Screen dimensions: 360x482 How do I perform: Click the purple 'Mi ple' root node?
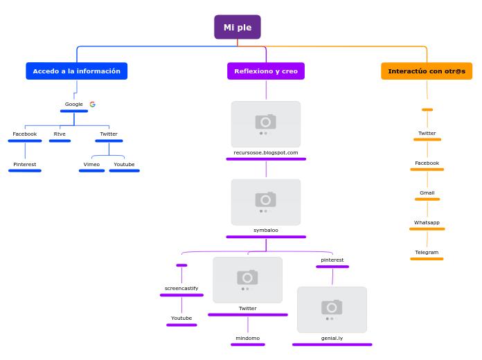pyautogui.click(x=238, y=28)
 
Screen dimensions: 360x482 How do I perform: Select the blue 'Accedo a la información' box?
pyautogui.click(x=77, y=71)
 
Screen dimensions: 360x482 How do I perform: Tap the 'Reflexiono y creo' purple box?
pyautogui.click(x=266, y=71)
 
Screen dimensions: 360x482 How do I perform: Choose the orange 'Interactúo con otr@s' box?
pyautogui.click(x=427, y=71)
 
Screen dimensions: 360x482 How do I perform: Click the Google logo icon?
pyautogui.click(x=93, y=105)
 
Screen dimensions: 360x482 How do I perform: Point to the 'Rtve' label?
pyautogui.click(x=60, y=134)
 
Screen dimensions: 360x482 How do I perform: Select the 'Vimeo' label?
pyautogui.click(x=91, y=165)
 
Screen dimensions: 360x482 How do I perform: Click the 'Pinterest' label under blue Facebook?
pyautogui.click(x=25, y=165)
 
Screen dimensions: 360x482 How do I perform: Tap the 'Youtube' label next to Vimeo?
pyautogui.click(x=125, y=165)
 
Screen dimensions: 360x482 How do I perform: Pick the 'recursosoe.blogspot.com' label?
pyautogui.click(x=266, y=153)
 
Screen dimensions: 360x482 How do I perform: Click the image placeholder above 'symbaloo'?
pyautogui.click(x=266, y=201)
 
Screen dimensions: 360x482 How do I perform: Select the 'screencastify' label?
pyautogui.click(x=181, y=289)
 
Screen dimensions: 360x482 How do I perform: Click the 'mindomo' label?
pyautogui.click(x=248, y=339)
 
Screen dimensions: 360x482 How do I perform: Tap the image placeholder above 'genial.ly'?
pyautogui.click(x=332, y=309)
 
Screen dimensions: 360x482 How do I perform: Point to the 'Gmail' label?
pyautogui.click(x=427, y=193)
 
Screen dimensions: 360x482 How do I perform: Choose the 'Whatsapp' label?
pyautogui.click(x=427, y=223)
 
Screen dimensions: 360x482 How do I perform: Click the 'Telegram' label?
pyautogui.click(x=427, y=253)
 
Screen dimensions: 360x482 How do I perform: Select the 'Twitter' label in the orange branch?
pyautogui.click(x=427, y=134)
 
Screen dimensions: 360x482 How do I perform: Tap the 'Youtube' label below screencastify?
pyautogui.click(x=181, y=318)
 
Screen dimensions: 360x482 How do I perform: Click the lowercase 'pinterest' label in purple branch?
pyautogui.click(x=332, y=260)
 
